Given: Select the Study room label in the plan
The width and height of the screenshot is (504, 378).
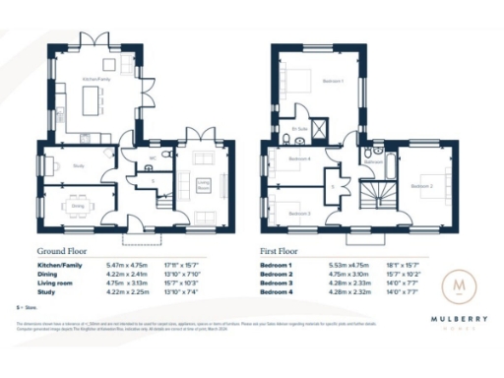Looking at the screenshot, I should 78,165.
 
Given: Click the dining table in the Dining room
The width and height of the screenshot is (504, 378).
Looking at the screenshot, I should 78,207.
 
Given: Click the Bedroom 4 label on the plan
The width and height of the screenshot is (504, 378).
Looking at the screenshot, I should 299,159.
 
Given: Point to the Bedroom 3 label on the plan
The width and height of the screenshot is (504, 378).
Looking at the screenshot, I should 299,214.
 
